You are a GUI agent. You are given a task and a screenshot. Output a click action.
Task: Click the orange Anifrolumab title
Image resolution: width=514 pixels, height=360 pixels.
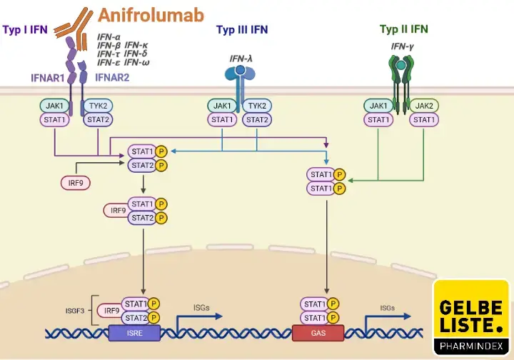151,14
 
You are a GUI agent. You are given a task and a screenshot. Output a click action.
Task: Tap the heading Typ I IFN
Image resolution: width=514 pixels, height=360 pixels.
26,29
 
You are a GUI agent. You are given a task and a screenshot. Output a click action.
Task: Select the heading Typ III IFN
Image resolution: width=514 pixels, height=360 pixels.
242,29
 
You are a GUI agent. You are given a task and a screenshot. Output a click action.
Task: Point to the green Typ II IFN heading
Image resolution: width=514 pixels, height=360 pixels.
403,29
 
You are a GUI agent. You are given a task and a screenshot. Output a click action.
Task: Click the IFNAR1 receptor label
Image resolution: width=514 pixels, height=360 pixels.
48,77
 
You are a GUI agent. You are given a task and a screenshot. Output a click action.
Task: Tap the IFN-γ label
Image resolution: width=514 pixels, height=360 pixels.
402,47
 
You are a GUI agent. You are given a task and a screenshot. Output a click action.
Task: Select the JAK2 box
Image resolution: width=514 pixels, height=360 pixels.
425,106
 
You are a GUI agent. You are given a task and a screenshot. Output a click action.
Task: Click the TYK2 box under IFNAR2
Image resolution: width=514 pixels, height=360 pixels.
98,106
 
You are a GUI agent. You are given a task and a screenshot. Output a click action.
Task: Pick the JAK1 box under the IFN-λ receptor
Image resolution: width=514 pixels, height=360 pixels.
223,106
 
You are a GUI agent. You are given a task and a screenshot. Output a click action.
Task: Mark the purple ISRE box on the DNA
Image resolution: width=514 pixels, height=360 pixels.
135,333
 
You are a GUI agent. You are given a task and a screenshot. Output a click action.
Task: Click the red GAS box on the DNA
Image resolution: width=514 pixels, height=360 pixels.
318,333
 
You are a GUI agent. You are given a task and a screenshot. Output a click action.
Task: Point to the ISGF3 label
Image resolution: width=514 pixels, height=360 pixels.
76,311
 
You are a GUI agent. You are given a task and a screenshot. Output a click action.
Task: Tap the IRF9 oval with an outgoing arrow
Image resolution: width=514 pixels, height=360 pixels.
75,183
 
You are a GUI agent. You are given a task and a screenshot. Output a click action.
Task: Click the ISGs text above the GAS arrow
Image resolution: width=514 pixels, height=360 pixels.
387,308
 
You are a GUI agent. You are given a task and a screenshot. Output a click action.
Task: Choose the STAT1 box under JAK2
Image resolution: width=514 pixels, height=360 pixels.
425,120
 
